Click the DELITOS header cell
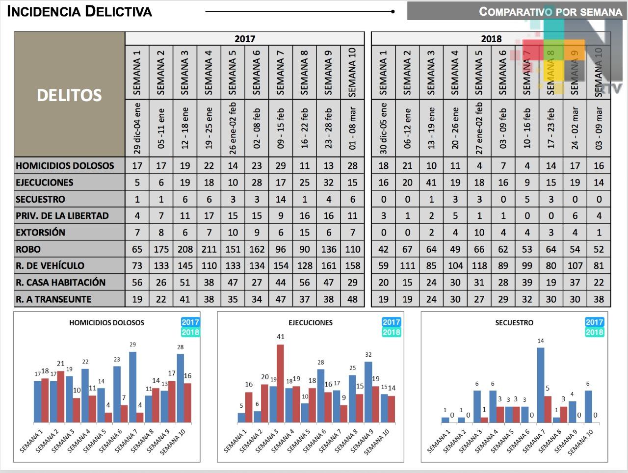pyautogui.click(x=69, y=95)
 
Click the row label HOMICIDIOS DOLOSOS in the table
pyautogui.click(x=65, y=166)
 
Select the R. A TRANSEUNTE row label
pyautogui.click(x=53, y=299)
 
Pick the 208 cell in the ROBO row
pyautogui.click(x=185, y=249)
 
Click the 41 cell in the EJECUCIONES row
pyautogui.click(x=431, y=183)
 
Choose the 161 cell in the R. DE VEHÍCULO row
pyautogui.click(x=328, y=266)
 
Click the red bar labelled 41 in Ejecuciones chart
pyautogui.click(x=280, y=383)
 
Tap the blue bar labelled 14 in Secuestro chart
pyautogui.click(x=541, y=385)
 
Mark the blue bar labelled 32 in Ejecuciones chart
pyautogui.click(x=368, y=392)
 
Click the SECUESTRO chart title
pyautogui.click(x=514, y=323)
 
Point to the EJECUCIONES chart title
pyautogui.click(x=310, y=323)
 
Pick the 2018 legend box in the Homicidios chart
pyautogui.click(x=190, y=332)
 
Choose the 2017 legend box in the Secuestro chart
pyautogui.click(x=594, y=322)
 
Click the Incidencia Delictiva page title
pyautogui.click(x=79, y=11)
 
